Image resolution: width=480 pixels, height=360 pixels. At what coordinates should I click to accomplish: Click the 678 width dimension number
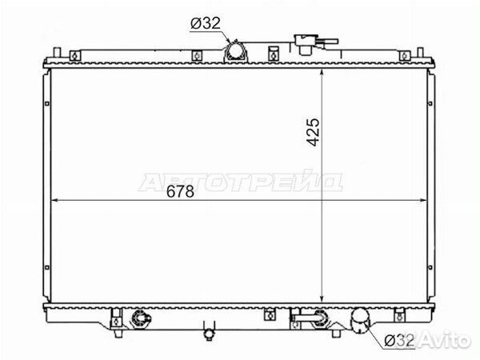point(180,192)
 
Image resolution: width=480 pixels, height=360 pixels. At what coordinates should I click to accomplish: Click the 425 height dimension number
point(313,132)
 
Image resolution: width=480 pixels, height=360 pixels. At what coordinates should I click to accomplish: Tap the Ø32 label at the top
point(206,23)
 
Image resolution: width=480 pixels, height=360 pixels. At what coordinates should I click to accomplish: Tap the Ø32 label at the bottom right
point(399,340)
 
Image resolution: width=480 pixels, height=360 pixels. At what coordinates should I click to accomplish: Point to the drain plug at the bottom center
point(210,331)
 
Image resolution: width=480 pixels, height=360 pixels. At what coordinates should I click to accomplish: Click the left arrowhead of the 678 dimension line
point(54,200)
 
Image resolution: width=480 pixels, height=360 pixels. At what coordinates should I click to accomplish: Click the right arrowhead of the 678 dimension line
point(422,200)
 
